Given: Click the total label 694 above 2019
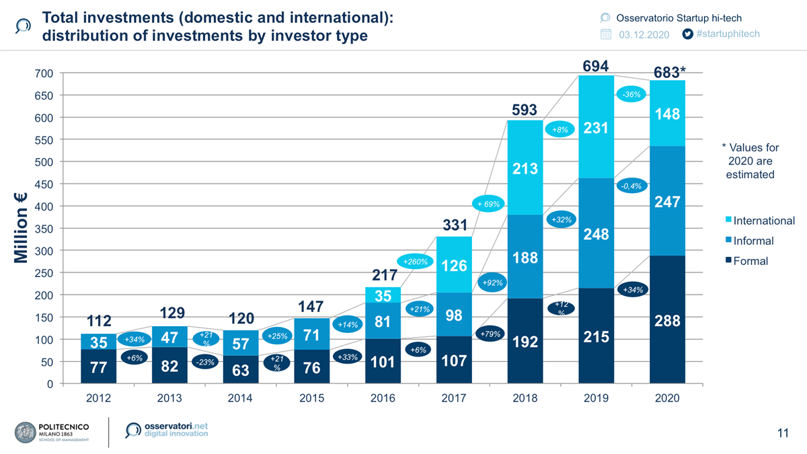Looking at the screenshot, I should click(596, 66).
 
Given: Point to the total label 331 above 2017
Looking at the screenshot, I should click(455, 226).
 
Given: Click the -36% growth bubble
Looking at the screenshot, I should click(631, 95).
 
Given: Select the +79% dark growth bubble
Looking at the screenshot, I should click(490, 334).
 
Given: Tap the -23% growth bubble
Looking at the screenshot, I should click(204, 362).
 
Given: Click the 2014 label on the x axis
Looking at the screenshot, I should click(240, 398).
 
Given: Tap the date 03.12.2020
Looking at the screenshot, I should click(644, 34).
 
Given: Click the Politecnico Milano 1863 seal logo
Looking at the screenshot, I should click(26, 432).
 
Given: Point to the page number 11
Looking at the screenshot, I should click(782, 433).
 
